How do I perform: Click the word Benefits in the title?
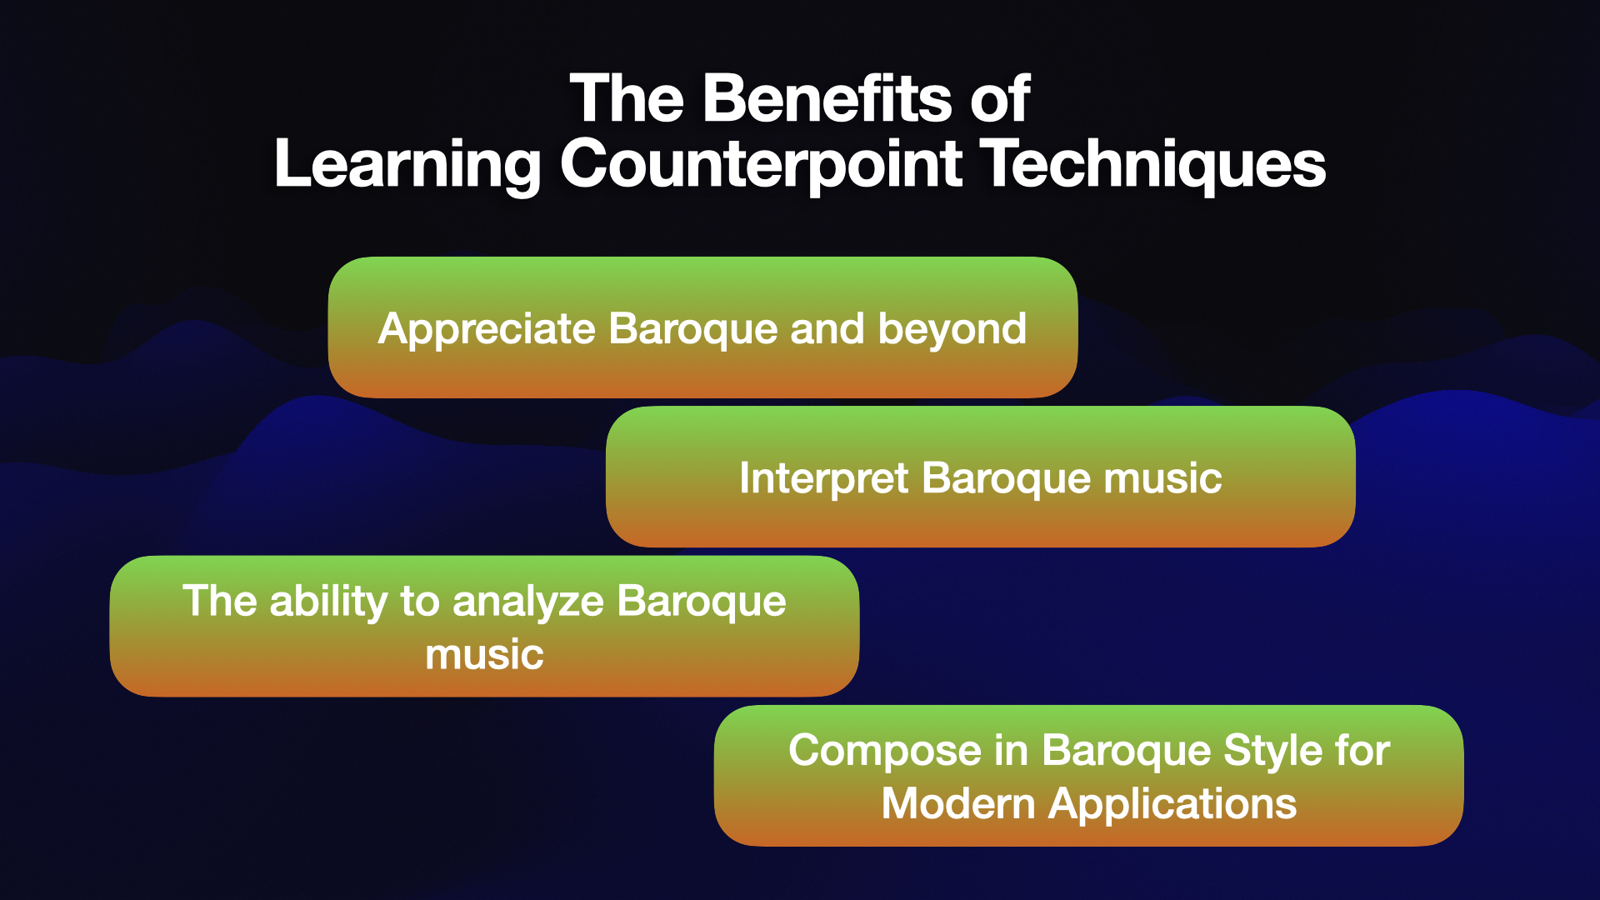[x=829, y=98]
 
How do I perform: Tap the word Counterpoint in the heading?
[x=762, y=164]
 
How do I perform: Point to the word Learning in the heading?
[x=407, y=164]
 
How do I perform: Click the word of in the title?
[x=1000, y=98]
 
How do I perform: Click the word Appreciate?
[x=487, y=330]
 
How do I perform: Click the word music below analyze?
[x=484, y=655]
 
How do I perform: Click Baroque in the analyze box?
[x=702, y=602]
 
